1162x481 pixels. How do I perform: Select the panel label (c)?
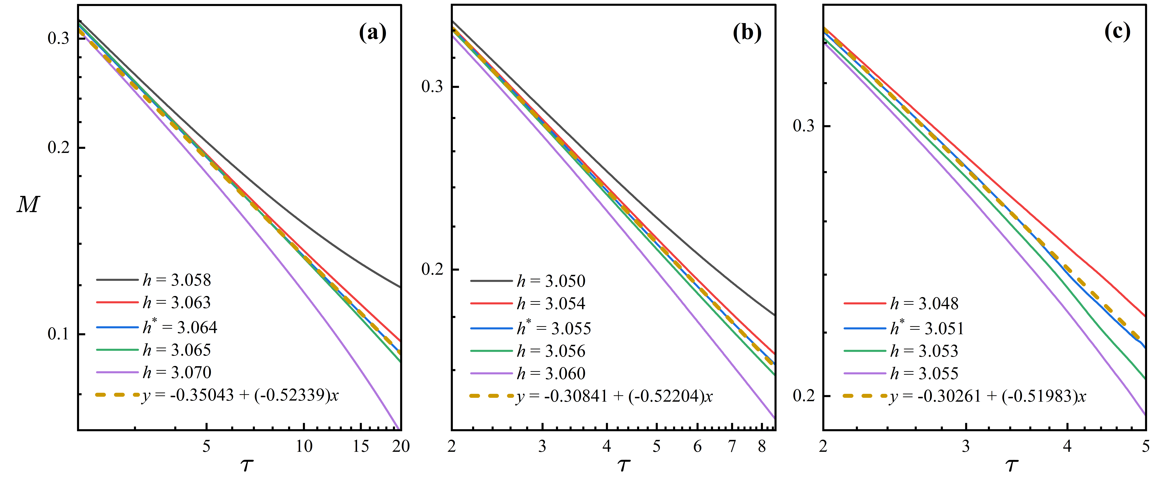click(1117, 31)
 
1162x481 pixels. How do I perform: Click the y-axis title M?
click(28, 205)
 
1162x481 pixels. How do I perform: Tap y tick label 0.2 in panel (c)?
click(804, 396)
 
